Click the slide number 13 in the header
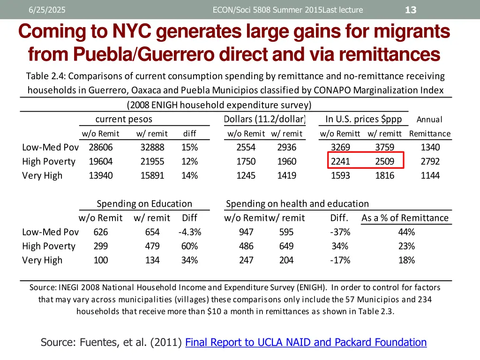click(x=411, y=10)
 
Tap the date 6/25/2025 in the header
click(x=47, y=10)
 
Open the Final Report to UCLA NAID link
click(x=306, y=342)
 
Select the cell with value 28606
click(x=101, y=147)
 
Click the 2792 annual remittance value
click(x=430, y=161)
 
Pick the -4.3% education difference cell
click(x=190, y=232)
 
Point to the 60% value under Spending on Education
click(x=190, y=246)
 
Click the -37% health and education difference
click(x=340, y=232)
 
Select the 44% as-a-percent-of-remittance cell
click(x=406, y=232)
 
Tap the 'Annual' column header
click(x=429, y=120)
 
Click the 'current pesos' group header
click(x=124, y=120)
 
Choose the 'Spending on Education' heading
click(x=144, y=203)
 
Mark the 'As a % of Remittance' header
click(x=405, y=218)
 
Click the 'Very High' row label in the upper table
click(x=42, y=175)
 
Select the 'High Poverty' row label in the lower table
click(x=49, y=246)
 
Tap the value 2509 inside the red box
click(x=385, y=161)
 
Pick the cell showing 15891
click(x=152, y=175)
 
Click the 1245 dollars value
click(x=246, y=175)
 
